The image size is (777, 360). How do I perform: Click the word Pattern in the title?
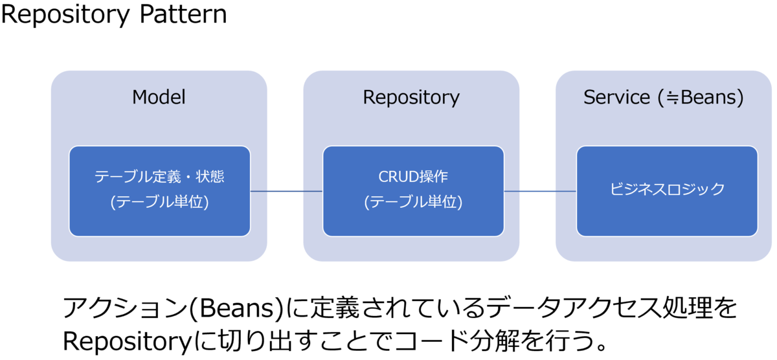183,14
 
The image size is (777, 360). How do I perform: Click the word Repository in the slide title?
65,16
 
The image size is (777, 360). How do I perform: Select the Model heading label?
159,96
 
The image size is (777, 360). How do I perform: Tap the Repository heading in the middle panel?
411,98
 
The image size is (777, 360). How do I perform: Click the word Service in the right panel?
616,97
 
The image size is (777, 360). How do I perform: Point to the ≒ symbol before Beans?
673,98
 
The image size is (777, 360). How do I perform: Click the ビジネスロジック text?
667,189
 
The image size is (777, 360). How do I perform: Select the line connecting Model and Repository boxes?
286,191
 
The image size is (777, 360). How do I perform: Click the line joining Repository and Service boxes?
540,191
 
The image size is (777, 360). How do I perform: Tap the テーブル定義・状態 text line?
159,177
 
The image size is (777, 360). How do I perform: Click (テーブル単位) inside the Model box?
159,202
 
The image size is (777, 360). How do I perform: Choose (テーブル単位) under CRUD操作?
413,202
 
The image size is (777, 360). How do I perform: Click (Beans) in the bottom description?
236,308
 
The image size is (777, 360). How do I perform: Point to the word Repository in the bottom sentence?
127,342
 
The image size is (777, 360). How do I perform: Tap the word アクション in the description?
125,308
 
